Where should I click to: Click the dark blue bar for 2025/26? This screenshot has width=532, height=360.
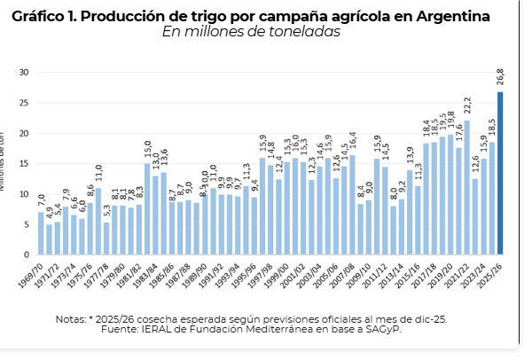500,173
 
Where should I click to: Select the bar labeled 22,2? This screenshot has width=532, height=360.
466,187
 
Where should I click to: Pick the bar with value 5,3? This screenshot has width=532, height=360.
106,239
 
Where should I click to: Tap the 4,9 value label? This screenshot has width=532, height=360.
50,214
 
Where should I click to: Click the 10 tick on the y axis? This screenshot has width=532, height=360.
24,194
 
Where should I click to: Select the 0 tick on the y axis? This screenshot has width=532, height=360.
27,255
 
